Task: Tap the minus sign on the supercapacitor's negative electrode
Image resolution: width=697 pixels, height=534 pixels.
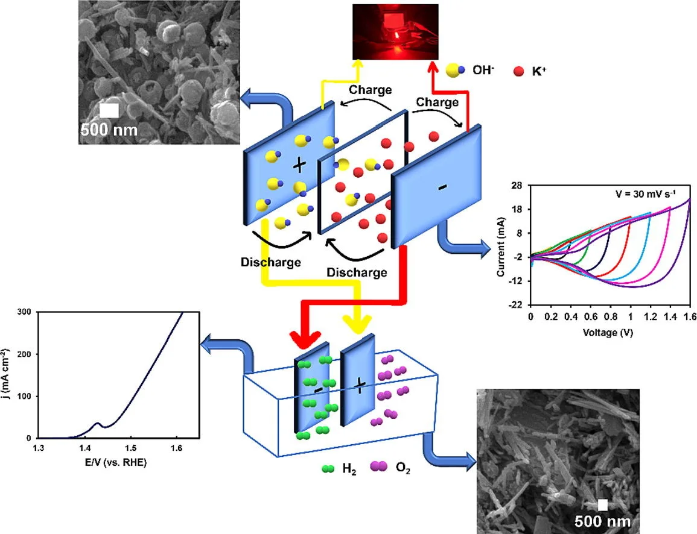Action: click(x=442, y=188)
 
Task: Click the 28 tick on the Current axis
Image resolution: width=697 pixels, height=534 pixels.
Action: click(x=517, y=186)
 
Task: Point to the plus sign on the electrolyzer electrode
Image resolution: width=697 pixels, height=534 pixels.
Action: click(x=358, y=385)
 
